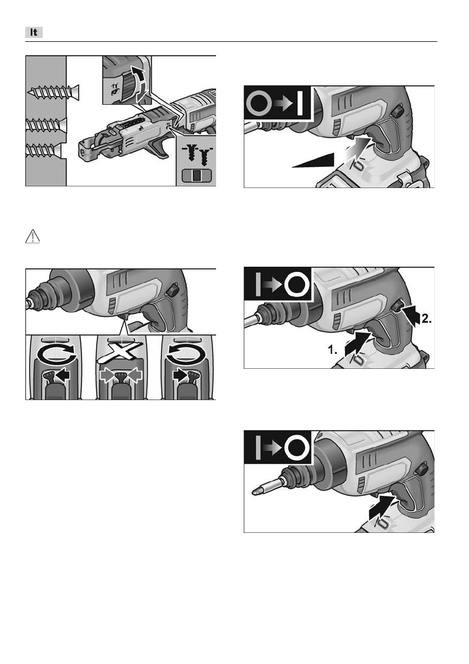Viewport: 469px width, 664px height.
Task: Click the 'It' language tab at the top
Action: click(34, 32)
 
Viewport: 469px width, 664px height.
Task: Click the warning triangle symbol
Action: click(32, 237)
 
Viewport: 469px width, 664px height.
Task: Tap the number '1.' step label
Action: click(333, 350)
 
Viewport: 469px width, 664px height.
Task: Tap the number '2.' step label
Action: click(426, 319)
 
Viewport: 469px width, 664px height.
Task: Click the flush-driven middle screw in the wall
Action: click(46, 125)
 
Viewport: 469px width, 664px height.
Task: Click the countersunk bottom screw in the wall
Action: click(43, 150)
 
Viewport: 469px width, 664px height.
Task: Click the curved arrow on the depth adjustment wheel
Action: click(140, 84)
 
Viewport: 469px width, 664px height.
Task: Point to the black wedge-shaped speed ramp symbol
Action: click(314, 161)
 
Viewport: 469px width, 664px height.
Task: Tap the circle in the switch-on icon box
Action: click(259, 103)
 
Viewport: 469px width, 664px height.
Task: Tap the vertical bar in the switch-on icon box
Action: click(300, 102)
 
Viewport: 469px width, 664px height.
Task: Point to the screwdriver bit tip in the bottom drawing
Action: click(255, 492)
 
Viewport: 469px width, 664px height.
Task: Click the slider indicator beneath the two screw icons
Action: click(196, 176)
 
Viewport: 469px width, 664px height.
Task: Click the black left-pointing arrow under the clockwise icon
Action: click(63, 375)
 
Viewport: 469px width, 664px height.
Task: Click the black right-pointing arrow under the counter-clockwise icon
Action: click(180, 375)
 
